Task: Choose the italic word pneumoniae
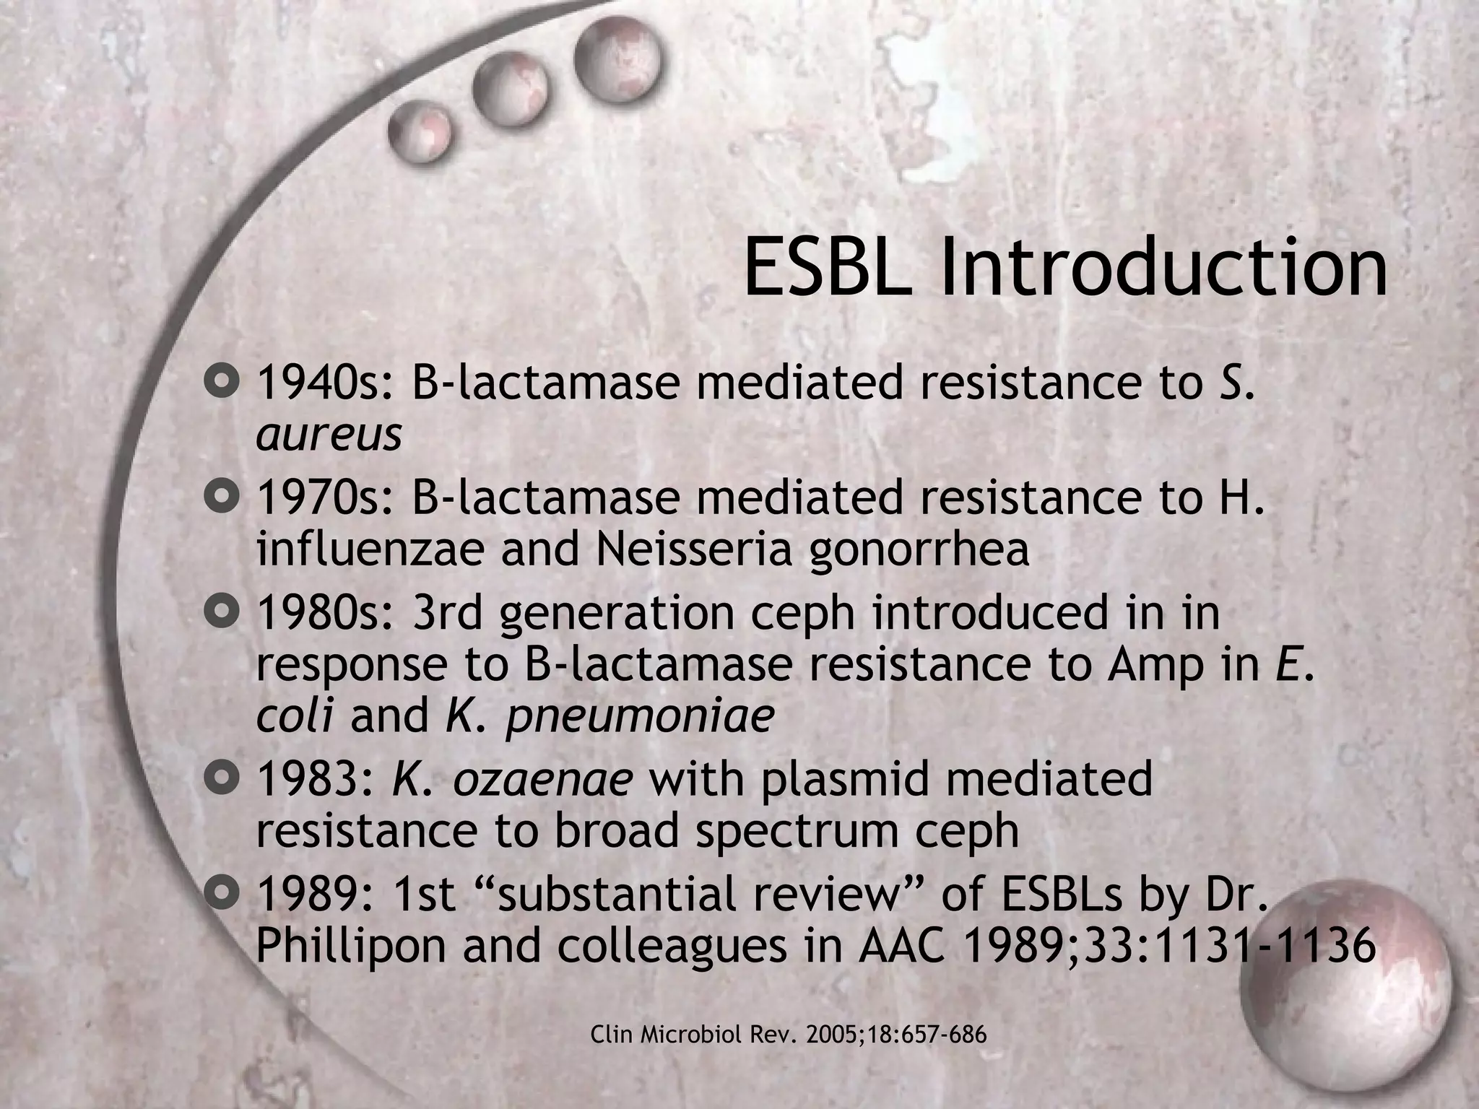639,718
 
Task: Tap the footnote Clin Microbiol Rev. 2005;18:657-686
789,1035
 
